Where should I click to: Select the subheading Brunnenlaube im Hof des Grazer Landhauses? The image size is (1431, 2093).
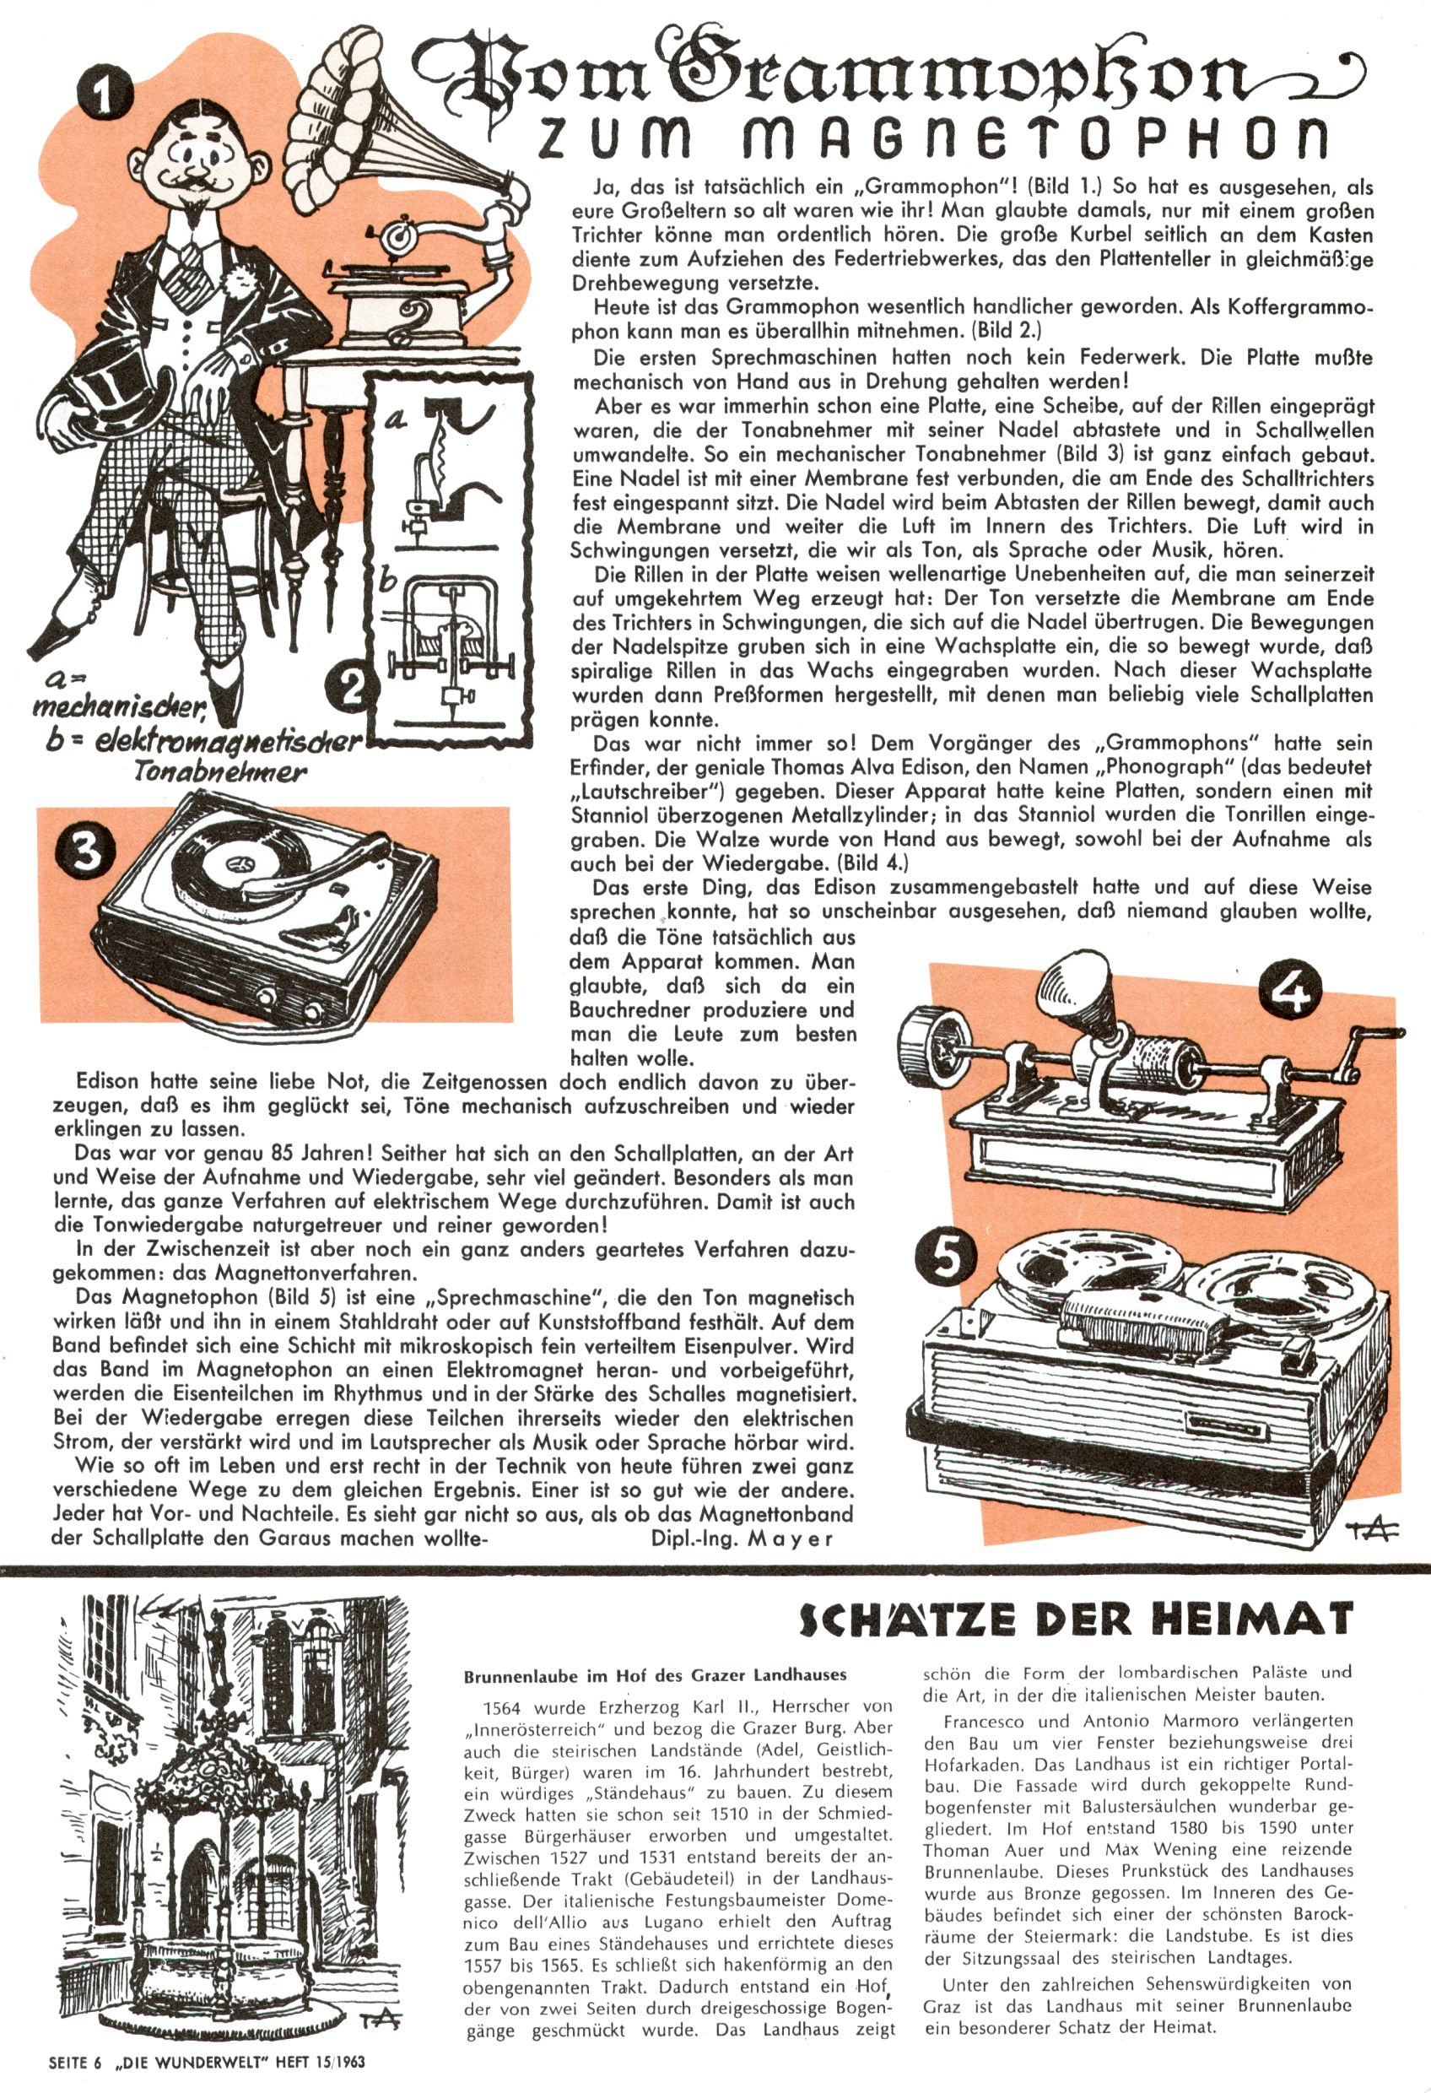(655, 1675)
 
